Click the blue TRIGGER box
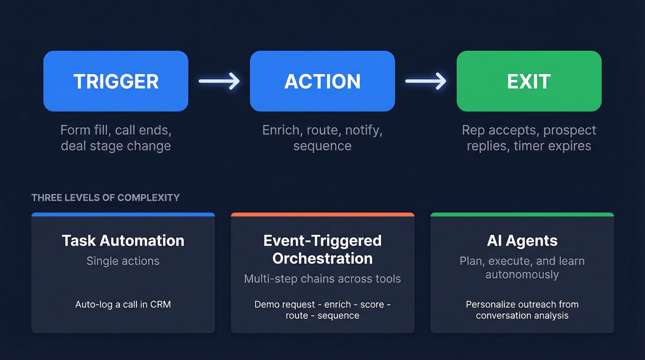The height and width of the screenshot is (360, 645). click(x=116, y=81)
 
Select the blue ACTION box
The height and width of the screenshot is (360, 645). click(x=322, y=81)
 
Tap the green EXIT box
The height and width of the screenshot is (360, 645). click(x=529, y=81)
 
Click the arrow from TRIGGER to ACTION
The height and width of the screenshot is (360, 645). click(x=219, y=81)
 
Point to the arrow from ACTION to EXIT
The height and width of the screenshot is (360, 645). click(x=426, y=81)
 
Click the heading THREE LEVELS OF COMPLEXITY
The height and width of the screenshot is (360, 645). click(x=106, y=198)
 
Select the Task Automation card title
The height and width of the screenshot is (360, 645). click(x=123, y=241)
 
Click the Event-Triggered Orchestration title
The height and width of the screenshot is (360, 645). click(x=322, y=249)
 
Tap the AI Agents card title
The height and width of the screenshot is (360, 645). click(x=522, y=241)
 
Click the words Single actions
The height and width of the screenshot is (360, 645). click(x=123, y=261)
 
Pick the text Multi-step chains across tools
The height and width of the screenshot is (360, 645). click(x=322, y=279)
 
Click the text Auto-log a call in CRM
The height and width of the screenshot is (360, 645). click(x=123, y=305)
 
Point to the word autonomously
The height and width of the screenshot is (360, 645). click(x=522, y=275)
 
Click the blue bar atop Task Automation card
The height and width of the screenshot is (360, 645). click(x=123, y=214)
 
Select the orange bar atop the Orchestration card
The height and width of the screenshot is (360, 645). click(x=322, y=214)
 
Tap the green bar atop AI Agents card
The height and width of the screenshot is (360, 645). click(x=522, y=214)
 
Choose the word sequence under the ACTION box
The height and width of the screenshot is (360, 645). click(x=322, y=146)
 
